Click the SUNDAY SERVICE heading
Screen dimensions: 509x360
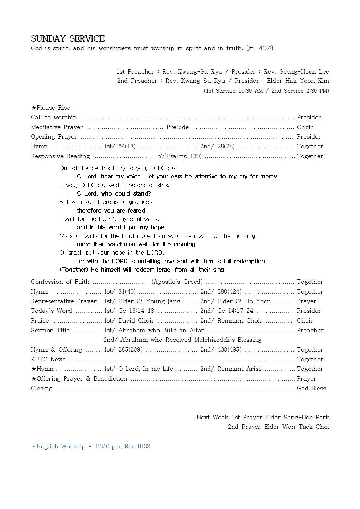[67, 38]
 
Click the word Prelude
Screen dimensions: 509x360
[177, 127]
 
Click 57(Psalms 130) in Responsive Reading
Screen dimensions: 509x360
[180, 156]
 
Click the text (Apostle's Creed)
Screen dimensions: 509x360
[177, 282]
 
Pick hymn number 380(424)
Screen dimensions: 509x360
[229, 291]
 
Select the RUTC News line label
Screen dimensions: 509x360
[48, 359]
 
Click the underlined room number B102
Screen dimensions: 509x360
[144, 446]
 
